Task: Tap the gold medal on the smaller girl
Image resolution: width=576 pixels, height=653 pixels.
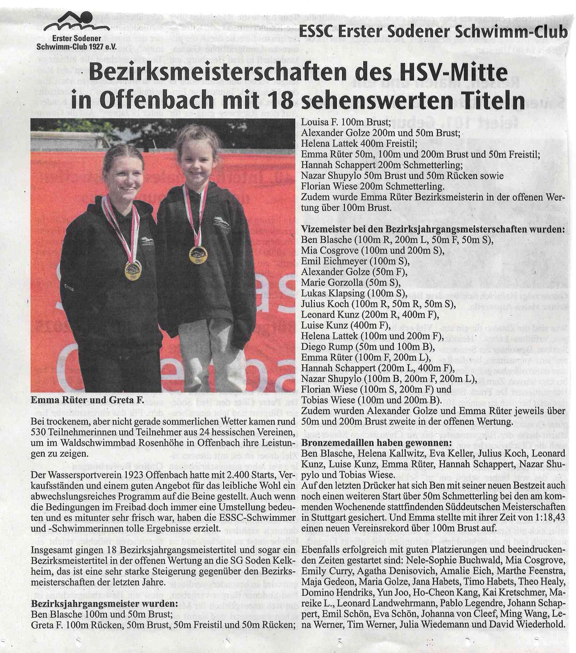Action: (x=198, y=254)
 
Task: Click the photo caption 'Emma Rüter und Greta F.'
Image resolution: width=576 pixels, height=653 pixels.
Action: (x=88, y=400)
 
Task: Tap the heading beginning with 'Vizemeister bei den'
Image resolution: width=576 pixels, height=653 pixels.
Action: (x=432, y=229)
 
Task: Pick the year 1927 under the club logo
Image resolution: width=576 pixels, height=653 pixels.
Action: (x=93, y=47)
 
